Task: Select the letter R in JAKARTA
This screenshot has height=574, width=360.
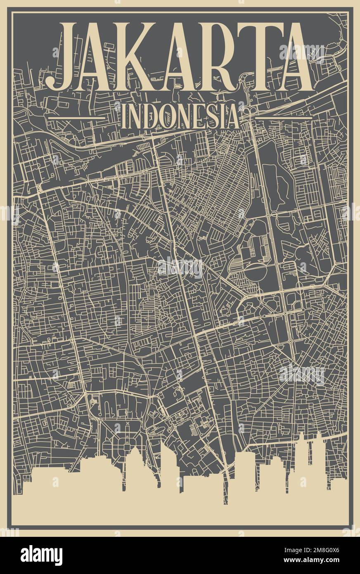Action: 219,58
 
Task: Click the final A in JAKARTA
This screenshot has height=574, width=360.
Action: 291,58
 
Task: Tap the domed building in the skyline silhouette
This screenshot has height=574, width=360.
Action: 134,458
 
